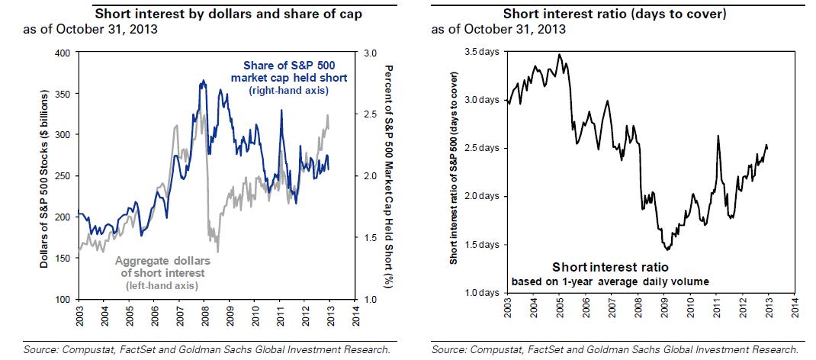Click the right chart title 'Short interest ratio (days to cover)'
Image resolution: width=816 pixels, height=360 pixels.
coord(614,13)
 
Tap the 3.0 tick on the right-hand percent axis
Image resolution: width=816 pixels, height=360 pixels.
coord(371,53)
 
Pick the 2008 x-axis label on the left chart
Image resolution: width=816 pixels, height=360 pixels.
coord(204,313)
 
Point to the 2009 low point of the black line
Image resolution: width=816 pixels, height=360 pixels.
coord(668,249)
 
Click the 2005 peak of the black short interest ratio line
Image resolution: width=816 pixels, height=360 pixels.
coord(560,55)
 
